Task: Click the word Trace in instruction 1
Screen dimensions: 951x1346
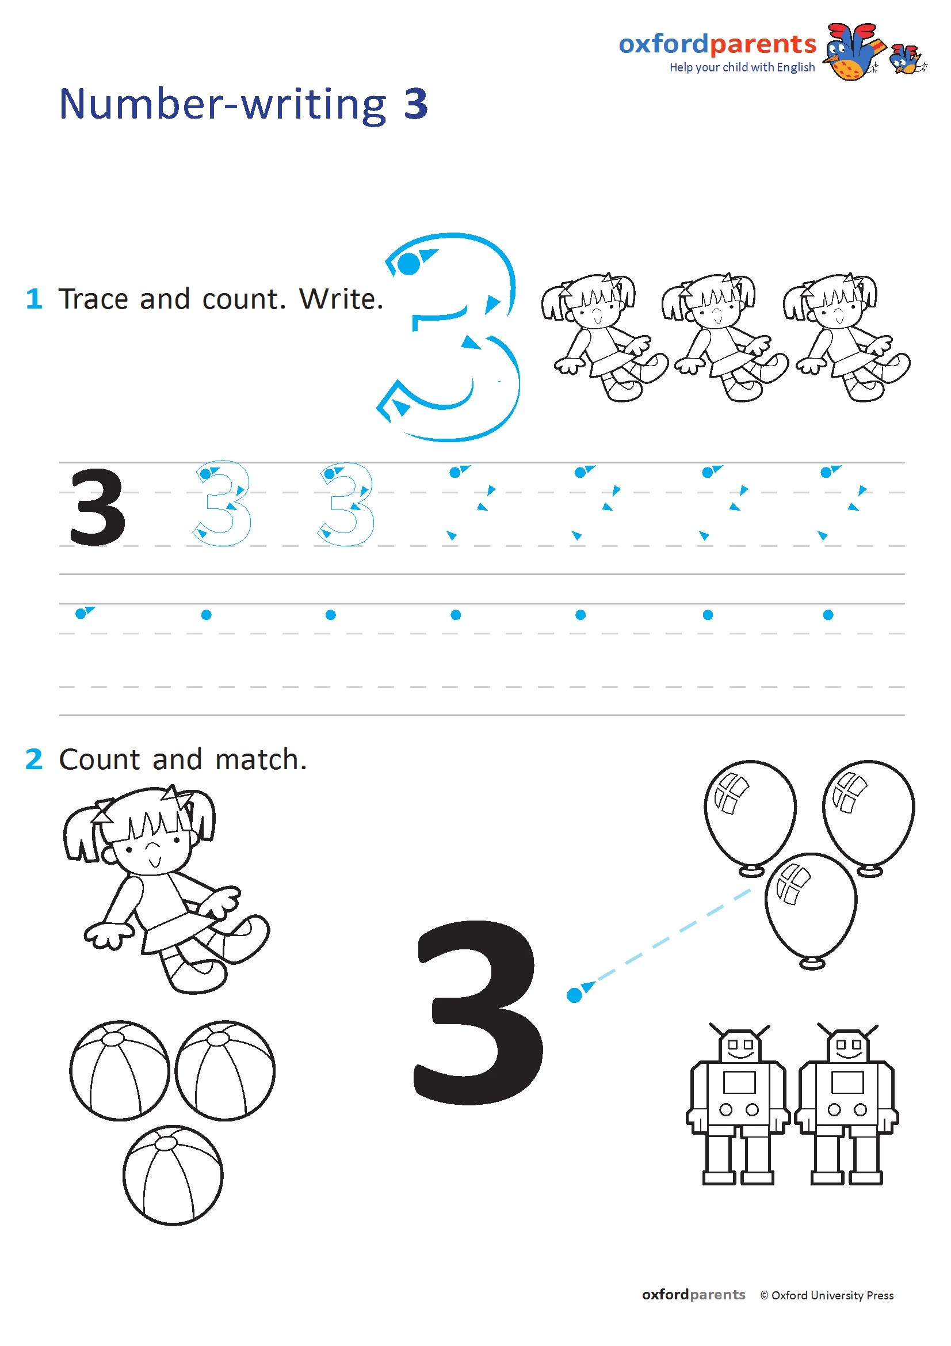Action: [94, 299]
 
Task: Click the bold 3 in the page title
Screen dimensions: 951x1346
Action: [415, 104]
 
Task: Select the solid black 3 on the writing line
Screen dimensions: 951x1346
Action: [97, 507]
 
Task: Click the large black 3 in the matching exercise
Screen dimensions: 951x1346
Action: [478, 1013]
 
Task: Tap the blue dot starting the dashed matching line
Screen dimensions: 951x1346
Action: [574, 995]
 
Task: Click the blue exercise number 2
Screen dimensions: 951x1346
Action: [34, 759]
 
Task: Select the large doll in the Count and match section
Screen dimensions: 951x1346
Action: [166, 889]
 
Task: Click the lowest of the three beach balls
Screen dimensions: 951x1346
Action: [173, 1175]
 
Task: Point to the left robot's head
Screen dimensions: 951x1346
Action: [739, 1044]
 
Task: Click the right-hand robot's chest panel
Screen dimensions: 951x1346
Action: [848, 1082]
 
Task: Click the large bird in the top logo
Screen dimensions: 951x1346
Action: [854, 52]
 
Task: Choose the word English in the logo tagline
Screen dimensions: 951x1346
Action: [796, 68]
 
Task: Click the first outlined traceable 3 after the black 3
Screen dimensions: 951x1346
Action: [221, 504]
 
